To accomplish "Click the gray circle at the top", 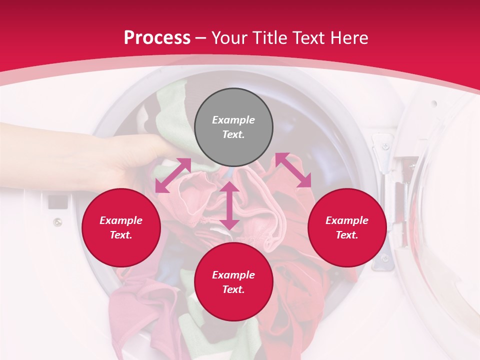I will click(x=233, y=127).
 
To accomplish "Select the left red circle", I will click(x=121, y=227).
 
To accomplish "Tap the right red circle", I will click(x=347, y=227).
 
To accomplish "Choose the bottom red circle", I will click(x=233, y=282).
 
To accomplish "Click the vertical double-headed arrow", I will click(x=229, y=205).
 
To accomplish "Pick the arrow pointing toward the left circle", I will click(x=173, y=175).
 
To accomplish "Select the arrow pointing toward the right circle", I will click(x=293, y=169).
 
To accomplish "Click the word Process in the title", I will click(x=157, y=37).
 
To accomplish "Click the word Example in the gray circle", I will click(x=233, y=120).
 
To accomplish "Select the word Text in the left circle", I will click(x=120, y=235).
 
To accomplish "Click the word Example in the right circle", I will click(x=347, y=220).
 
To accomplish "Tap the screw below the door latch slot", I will click(x=58, y=221).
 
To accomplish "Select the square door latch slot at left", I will click(x=58, y=202).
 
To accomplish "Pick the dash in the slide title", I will click(x=200, y=37).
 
